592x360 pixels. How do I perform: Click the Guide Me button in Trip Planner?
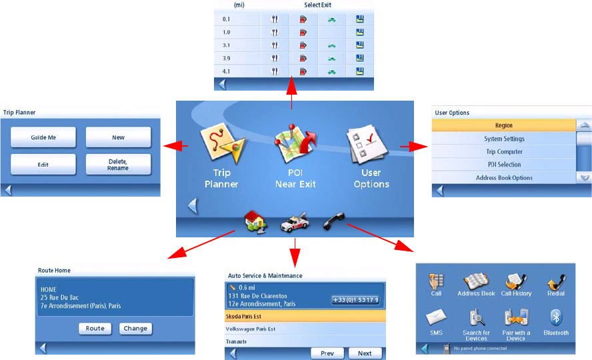tap(43, 137)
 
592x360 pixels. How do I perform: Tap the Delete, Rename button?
tap(118, 164)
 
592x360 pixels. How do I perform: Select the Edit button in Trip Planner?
tap(43, 164)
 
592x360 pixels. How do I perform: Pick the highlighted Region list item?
tap(504, 125)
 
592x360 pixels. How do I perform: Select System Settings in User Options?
tap(504, 139)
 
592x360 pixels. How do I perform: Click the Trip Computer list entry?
tap(504, 152)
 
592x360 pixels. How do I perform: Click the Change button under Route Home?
tap(136, 328)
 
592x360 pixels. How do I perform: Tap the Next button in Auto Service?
tap(365, 353)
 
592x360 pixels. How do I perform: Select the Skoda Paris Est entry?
tap(306, 315)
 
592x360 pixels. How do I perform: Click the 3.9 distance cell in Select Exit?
tap(227, 58)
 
